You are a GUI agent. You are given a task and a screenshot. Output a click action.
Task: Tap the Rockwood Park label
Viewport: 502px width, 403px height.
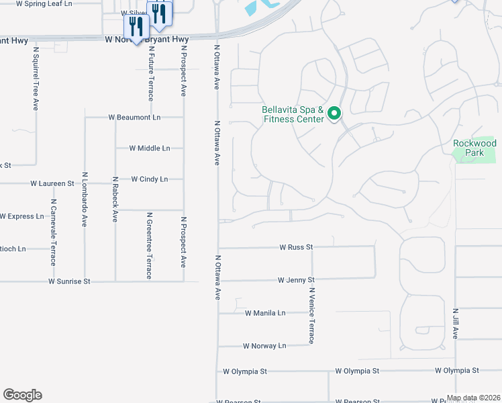click(x=474, y=148)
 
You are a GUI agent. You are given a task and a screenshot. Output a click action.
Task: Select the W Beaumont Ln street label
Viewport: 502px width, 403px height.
click(x=135, y=117)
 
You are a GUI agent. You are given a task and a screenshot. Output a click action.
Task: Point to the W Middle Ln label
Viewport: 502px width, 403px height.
click(x=150, y=148)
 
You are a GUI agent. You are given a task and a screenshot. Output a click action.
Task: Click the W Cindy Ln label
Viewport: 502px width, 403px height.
click(x=149, y=179)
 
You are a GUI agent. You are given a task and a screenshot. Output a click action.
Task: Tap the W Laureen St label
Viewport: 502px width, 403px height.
click(x=52, y=183)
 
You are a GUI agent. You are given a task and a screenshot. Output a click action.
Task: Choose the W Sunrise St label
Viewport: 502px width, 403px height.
click(x=69, y=281)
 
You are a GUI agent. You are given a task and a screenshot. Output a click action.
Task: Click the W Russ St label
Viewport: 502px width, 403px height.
click(x=297, y=247)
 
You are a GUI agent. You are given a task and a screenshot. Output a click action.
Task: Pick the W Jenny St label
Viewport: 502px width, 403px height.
click(x=296, y=279)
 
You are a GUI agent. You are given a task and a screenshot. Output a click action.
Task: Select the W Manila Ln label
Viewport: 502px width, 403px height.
click(x=265, y=313)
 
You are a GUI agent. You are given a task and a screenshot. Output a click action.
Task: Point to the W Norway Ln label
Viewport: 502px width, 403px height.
click(x=264, y=346)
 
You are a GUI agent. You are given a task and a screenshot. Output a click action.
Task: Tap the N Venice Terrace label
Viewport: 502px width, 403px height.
click(x=311, y=315)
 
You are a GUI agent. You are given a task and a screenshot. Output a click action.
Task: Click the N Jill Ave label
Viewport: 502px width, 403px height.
click(x=455, y=323)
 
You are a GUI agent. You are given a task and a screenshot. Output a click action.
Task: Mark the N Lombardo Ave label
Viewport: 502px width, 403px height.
click(x=85, y=199)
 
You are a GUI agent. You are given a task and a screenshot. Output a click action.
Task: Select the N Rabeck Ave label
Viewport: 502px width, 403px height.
click(x=115, y=199)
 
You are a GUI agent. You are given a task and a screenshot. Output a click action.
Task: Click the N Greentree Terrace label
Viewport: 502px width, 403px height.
click(x=149, y=246)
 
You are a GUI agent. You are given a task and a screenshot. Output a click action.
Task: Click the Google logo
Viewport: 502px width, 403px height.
click(x=22, y=395)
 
